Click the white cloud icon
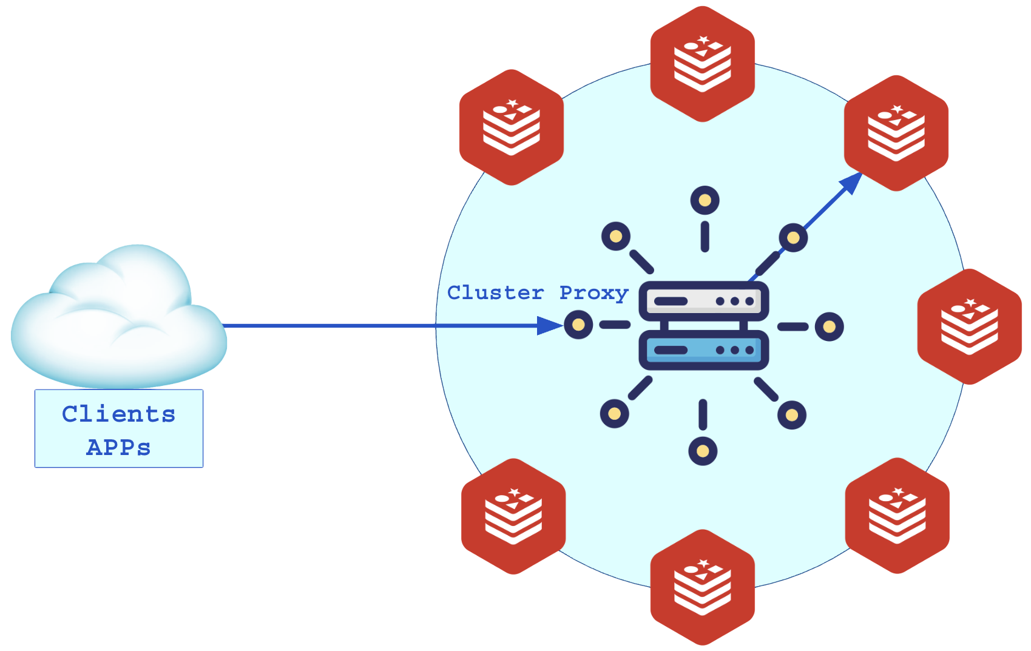point(118,319)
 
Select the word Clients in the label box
point(119,414)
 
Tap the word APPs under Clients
point(119,448)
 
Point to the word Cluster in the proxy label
point(495,293)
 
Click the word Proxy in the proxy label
point(593,293)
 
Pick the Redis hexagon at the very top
point(703,63)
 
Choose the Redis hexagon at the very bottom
point(703,587)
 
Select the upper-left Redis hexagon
point(512,127)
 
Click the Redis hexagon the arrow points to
point(896,132)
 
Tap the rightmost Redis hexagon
point(969,326)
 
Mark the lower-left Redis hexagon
point(513,516)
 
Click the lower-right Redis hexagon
point(897,516)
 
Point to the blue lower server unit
point(704,351)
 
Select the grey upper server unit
point(704,301)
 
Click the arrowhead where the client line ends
point(550,326)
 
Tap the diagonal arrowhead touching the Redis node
point(851,182)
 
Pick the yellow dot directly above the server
point(705,200)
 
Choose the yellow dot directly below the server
point(703,451)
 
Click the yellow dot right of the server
point(829,327)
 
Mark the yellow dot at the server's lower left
point(614,414)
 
